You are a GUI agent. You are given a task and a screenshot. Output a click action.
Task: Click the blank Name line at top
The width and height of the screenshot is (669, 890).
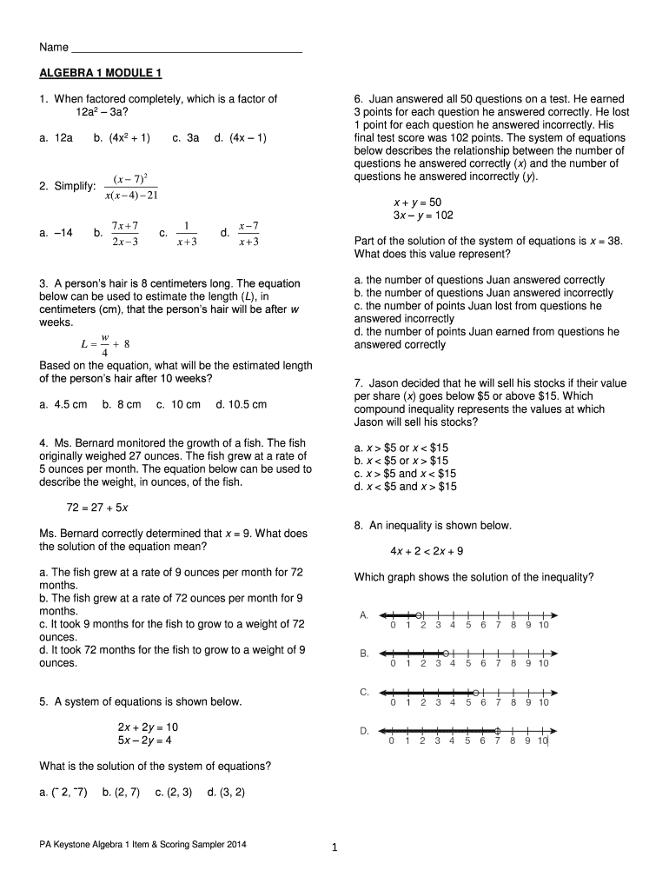(x=186, y=50)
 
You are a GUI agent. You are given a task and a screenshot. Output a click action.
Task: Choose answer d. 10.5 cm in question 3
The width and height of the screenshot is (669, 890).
(x=242, y=404)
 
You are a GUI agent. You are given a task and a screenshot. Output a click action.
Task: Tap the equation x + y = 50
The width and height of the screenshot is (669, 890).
(x=417, y=202)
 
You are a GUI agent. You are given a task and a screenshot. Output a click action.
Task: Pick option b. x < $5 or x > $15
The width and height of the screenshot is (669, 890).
(x=401, y=461)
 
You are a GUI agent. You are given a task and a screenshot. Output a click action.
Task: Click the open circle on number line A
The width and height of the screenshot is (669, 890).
(x=418, y=614)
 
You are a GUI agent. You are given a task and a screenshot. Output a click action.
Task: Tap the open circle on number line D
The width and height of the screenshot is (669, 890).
(x=497, y=731)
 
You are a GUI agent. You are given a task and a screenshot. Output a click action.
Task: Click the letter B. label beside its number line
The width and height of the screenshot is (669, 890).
(x=365, y=653)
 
